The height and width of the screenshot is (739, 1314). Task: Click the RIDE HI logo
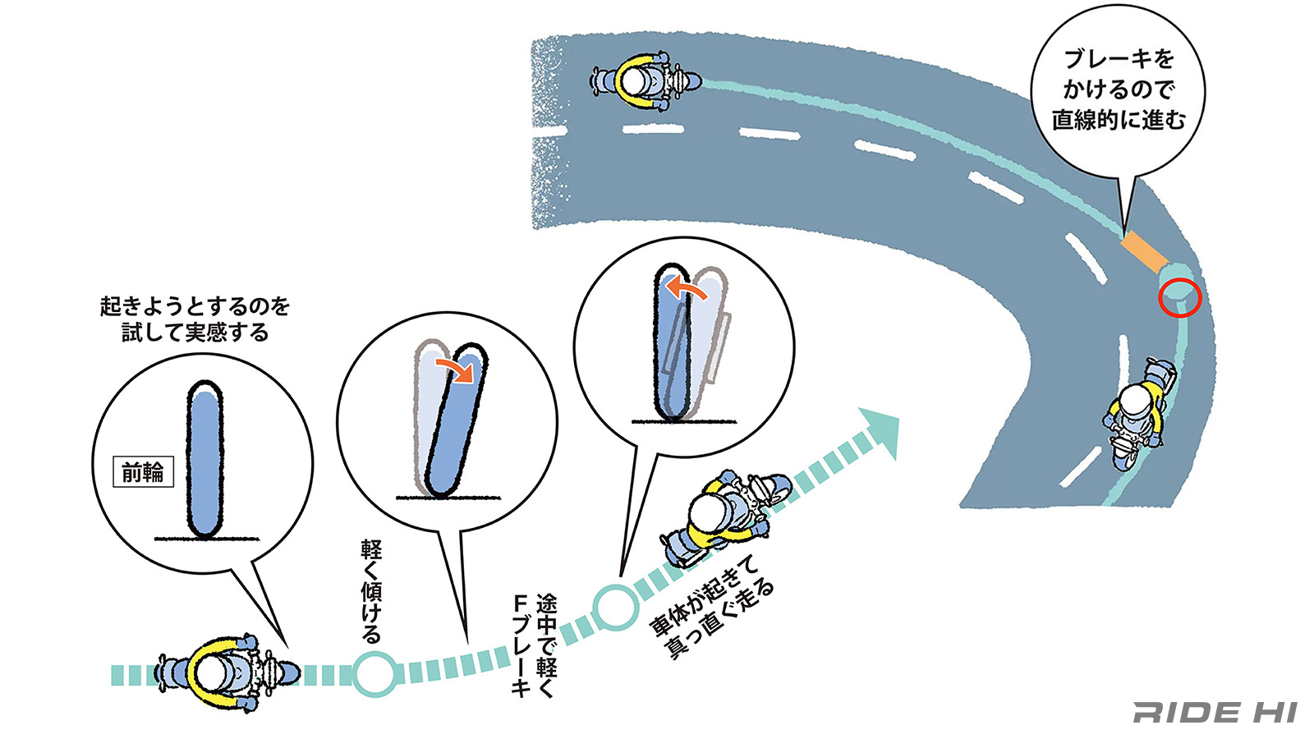[x=1215, y=712]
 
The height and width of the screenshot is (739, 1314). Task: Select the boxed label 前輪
[x=143, y=472]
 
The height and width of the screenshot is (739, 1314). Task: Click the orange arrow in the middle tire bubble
[x=455, y=369]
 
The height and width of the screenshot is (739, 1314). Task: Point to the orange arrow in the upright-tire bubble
[x=686, y=288]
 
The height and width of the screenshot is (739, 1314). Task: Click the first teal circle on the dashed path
[x=376, y=674]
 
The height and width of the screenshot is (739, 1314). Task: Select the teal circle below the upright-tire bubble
[x=615, y=608]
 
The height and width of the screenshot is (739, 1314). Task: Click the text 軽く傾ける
[x=371, y=590]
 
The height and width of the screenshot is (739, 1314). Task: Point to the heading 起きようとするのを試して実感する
[x=195, y=319]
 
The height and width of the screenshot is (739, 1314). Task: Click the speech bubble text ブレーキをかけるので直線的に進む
[x=1118, y=90]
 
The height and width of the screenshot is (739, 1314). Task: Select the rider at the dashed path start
[x=223, y=673]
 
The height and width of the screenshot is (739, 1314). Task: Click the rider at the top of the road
[x=644, y=80]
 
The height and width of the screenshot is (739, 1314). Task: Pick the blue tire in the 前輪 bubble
[x=204, y=459]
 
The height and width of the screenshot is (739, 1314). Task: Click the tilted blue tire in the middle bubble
[x=457, y=423]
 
